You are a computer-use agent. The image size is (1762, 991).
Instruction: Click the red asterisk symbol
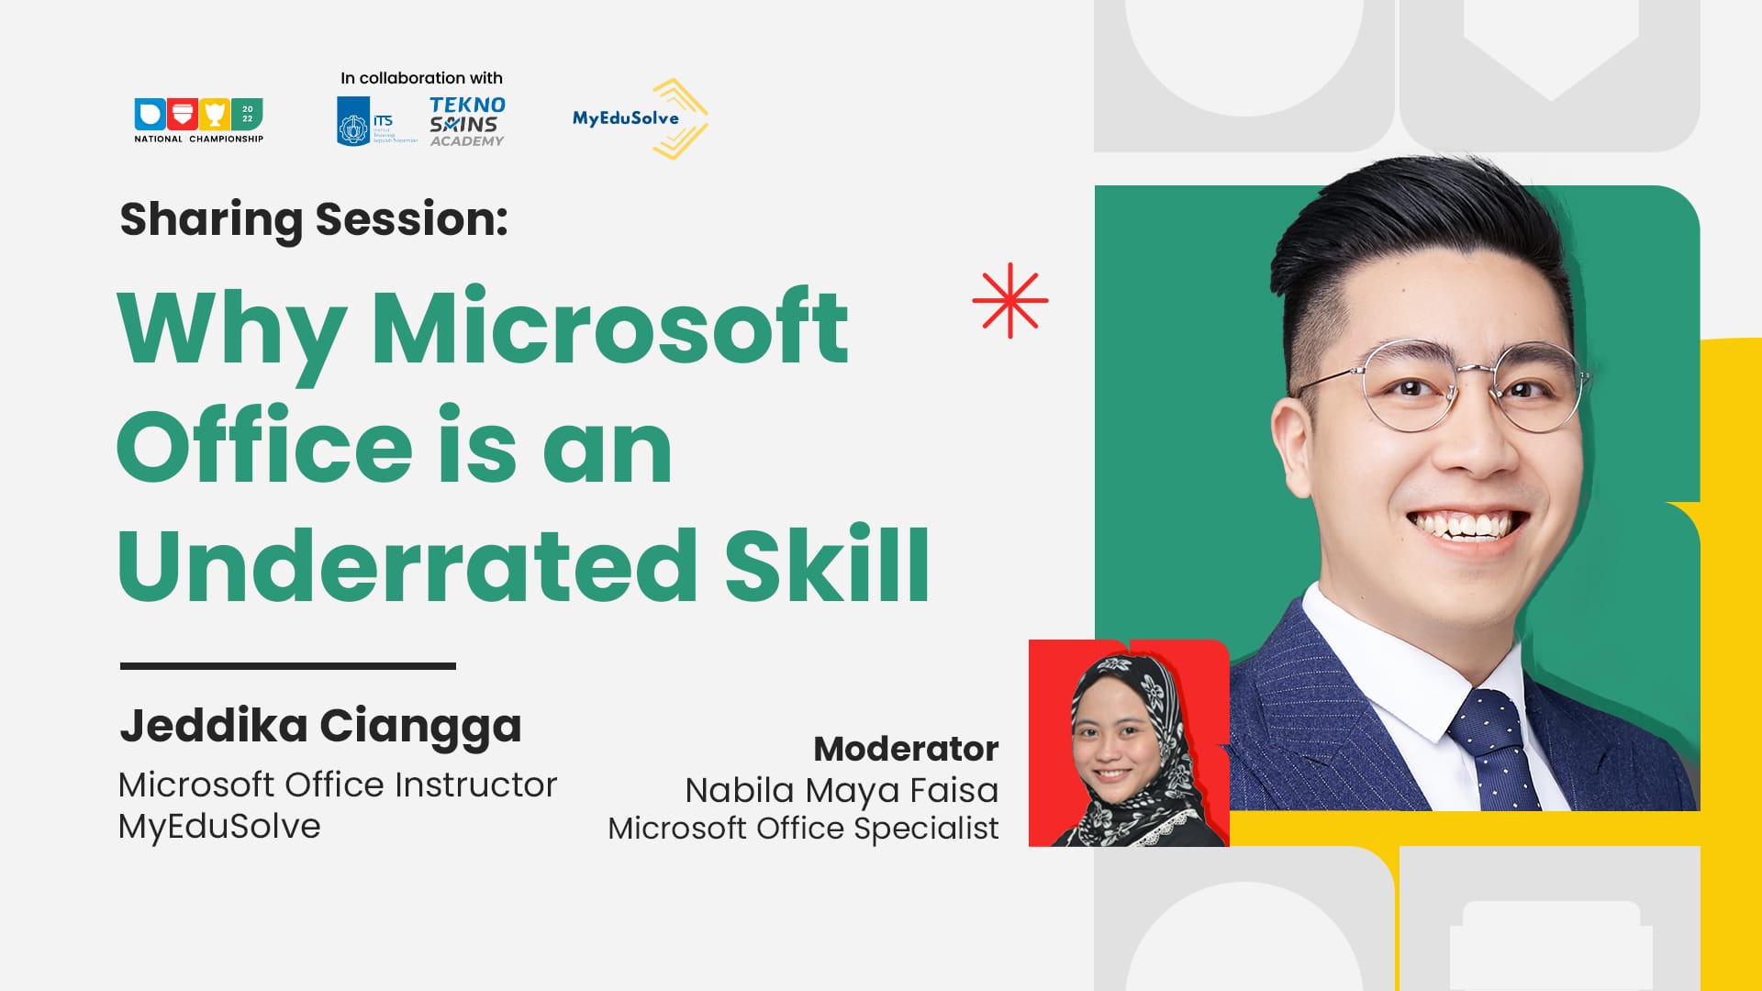coord(1009,301)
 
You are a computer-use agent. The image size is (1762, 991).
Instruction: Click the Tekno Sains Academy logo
coord(467,122)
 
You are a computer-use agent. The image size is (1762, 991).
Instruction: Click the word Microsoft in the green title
coord(609,328)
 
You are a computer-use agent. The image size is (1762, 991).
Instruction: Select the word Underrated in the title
coord(407,565)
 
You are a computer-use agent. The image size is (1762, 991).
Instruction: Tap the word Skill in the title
coord(827,565)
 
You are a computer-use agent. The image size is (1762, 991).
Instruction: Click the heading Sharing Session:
coord(314,219)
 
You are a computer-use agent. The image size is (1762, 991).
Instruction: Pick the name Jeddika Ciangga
coord(320,726)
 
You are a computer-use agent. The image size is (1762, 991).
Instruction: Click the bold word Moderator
coord(906,749)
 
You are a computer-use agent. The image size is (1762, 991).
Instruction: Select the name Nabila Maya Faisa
coord(842,790)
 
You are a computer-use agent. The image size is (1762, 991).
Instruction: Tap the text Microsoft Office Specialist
coord(803,829)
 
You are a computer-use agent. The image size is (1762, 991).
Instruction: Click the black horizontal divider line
coord(287,666)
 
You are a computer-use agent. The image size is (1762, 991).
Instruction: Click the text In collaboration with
coord(421,78)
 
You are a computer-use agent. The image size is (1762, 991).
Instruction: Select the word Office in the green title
coord(265,448)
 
